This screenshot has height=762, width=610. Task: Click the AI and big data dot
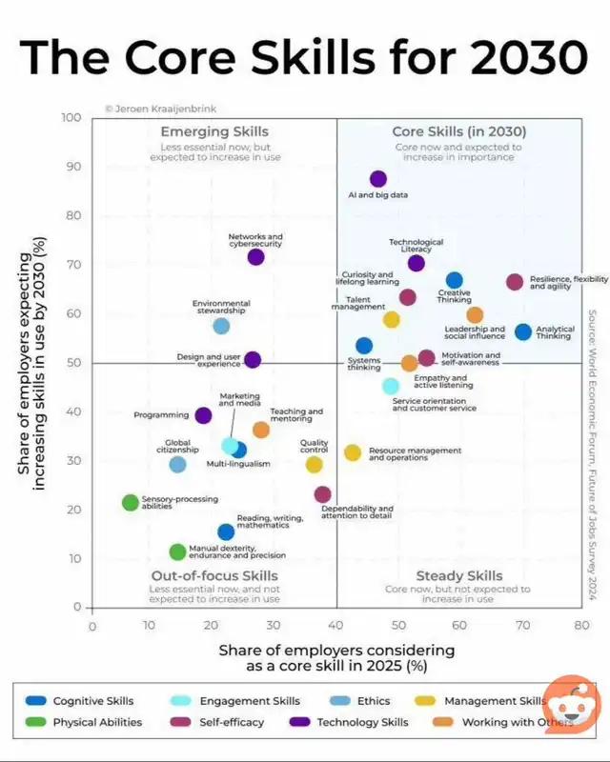[x=378, y=179]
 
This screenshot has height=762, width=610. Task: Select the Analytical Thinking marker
[x=523, y=331]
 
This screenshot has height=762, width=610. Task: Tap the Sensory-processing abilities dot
[x=131, y=503]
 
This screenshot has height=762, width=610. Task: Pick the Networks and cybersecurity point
[x=255, y=257]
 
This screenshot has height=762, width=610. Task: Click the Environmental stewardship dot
[x=221, y=326]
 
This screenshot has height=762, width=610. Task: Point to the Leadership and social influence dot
[x=475, y=315]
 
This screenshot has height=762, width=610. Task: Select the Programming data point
[x=203, y=415]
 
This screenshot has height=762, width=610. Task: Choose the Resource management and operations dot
[x=353, y=452]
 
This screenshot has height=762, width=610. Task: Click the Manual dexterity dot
[x=177, y=551]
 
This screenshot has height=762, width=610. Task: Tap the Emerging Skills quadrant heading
[x=214, y=131]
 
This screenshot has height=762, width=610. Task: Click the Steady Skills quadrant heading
[x=459, y=576]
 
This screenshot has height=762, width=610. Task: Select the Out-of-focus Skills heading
[x=214, y=576]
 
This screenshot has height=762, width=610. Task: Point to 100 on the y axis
[x=71, y=118]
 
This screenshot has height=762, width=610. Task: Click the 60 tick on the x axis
[x=459, y=626]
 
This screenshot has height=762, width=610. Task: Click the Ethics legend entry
[x=362, y=701]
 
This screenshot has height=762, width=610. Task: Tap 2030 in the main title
[x=506, y=57]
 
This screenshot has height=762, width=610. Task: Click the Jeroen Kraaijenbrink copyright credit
[x=156, y=109]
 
